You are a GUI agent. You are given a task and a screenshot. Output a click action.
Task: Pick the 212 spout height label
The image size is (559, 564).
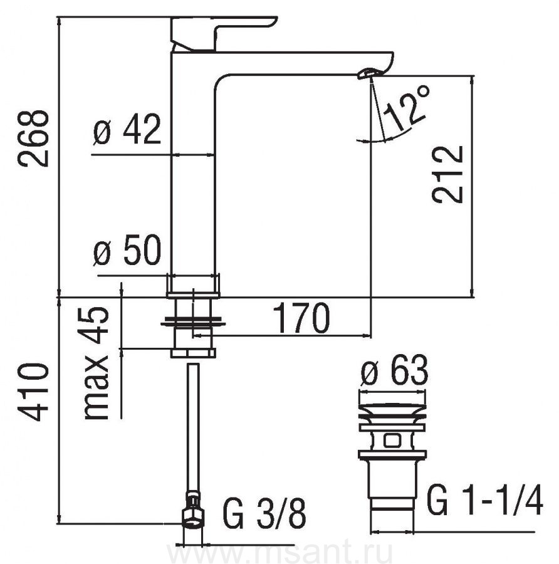[x=447, y=174]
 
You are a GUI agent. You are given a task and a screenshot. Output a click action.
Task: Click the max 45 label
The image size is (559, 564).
[x=97, y=363]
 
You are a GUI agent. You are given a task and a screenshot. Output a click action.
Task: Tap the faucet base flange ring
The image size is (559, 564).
[x=194, y=285]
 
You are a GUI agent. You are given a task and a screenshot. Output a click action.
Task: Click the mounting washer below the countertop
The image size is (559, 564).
[x=194, y=322]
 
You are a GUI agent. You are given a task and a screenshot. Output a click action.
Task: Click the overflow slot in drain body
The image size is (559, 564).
[x=391, y=441]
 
